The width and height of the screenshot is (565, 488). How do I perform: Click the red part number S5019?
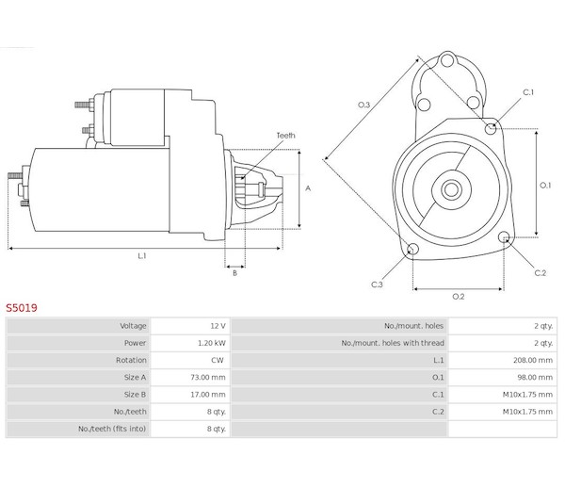pyautogui.click(x=21, y=306)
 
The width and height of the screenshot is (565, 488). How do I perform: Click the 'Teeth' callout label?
pyautogui.click(x=285, y=136)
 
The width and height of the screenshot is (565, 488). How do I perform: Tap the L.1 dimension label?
pyautogui.click(x=142, y=255)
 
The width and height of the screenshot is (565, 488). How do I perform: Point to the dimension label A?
pyautogui.click(x=308, y=188)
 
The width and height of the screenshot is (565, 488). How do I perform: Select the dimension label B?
pyautogui.click(x=234, y=272)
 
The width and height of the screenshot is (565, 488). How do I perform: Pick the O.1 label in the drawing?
pyautogui.click(x=544, y=185)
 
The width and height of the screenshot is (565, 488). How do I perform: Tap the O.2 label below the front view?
pyautogui.click(x=459, y=297)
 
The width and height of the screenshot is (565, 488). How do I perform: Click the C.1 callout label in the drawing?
pyautogui.click(x=528, y=92)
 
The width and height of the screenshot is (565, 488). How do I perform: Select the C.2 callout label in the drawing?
pyautogui.click(x=540, y=273)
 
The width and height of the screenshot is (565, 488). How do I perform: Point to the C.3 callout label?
pyautogui.click(x=377, y=284)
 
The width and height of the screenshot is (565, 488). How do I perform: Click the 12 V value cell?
pyautogui.click(x=217, y=325)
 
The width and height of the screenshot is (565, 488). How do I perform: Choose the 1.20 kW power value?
pyautogui.click(x=212, y=342)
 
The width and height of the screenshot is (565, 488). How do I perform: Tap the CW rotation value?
pyautogui.click(x=218, y=360)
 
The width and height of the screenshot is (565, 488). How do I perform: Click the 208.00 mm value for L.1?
pyautogui.click(x=534, y=360)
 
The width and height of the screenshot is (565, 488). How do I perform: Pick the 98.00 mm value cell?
pyautogui.click(x=536, y=377)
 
